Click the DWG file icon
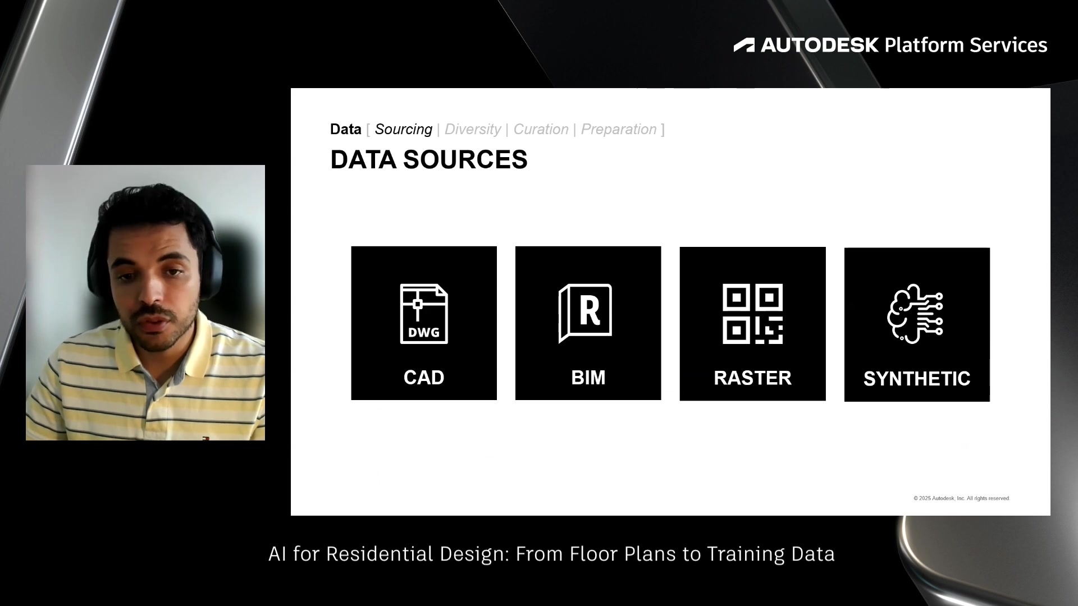424,314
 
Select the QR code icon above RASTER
752,314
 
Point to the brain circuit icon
915,314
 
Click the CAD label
424,378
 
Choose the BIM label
588,378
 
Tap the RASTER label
752,378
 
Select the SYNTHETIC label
917,379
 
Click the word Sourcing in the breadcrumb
403,130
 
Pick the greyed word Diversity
473,130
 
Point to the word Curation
541,130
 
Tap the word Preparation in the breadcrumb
619,130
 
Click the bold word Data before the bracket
345,129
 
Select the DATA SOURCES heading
429,160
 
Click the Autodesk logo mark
744,45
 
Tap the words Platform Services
966,45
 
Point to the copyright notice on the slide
961,498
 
